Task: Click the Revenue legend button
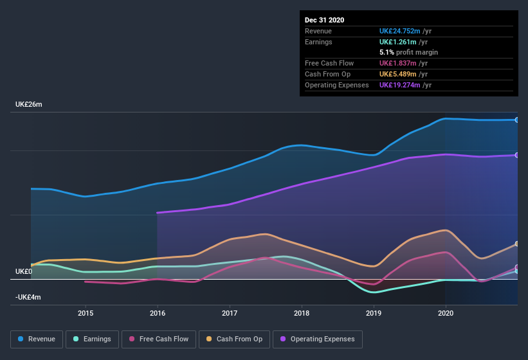[37, 339]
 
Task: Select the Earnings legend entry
[91, 339]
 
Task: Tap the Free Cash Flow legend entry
[159, 339]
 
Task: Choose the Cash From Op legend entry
[235, 339]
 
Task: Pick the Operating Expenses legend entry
[318, 339]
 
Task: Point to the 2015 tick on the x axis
[86, 313]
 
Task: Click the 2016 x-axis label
[158, 313]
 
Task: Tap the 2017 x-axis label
[230, 313]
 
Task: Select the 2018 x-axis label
[302, 313]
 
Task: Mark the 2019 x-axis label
[374, 313]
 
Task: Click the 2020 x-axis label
[446, 313]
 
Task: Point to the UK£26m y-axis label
[28, 104]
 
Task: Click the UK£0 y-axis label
[23, 272]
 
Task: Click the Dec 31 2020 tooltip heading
[324, 20]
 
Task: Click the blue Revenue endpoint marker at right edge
[517, 120]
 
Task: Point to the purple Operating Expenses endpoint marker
[517, 155]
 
